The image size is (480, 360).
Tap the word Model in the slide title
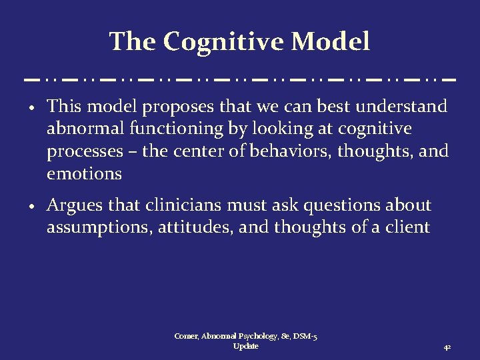[x=331, y=41]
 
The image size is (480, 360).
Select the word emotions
[x=84, y=173]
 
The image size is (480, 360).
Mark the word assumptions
[x=99, y=227]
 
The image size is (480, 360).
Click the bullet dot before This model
[x=32, y=108]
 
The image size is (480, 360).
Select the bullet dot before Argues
[x=32, y=207]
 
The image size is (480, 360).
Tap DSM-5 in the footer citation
[x=304, y=337]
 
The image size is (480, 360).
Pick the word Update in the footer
[x=246, y=347]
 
